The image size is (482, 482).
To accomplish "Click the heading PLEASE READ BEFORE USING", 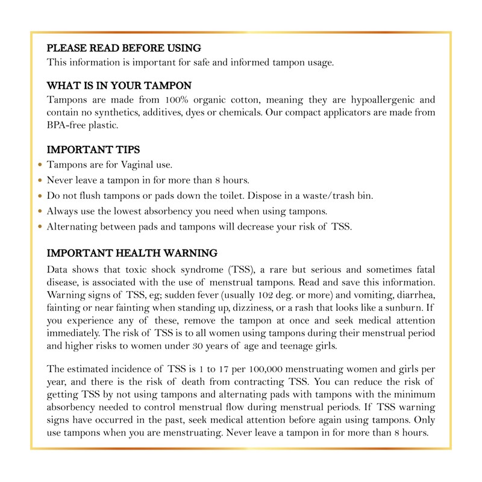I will (x=124, y=48).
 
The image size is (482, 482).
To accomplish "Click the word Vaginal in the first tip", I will (x=124, y=164).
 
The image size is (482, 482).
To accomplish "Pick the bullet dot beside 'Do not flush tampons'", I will (x=40, y=196).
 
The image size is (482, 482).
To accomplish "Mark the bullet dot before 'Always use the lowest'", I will (x=40, y=211).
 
